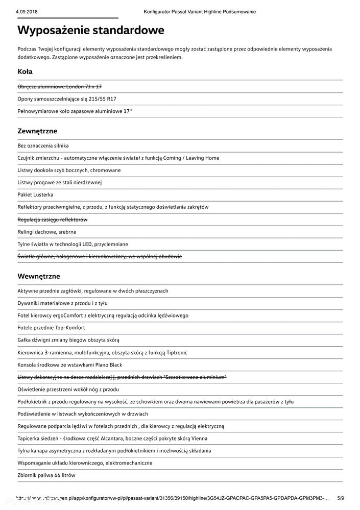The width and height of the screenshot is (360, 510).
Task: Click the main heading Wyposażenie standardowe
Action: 90,30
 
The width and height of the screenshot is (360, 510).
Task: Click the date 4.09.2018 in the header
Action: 26,11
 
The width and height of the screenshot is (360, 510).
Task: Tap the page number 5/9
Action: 341,498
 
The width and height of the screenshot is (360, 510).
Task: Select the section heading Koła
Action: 25,71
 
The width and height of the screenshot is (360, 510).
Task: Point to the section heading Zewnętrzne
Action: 37,131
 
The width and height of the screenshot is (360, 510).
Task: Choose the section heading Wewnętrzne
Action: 39,276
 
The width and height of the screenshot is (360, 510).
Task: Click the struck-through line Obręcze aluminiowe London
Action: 59,87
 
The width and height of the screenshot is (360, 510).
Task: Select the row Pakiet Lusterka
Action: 35,195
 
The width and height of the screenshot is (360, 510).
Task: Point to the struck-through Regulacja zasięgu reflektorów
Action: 53,220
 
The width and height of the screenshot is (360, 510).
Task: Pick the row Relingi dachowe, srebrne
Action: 47,232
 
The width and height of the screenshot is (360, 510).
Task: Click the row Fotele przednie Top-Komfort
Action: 51,328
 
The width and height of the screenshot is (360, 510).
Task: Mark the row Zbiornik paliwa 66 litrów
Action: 46,475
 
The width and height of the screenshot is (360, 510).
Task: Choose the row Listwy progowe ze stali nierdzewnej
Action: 60,182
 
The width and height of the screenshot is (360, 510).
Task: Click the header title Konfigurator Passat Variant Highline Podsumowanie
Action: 200,11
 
